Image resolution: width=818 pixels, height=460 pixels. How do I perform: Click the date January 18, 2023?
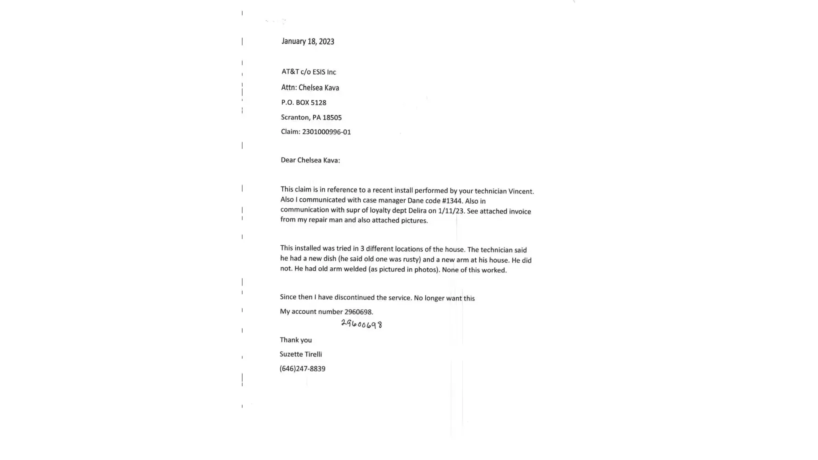308,41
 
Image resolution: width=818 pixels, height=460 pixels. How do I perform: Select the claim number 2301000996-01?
326,132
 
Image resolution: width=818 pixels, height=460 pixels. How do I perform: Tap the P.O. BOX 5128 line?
304,103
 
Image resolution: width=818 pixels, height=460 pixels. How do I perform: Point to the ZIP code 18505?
332,118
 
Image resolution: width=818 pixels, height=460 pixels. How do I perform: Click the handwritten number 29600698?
362,324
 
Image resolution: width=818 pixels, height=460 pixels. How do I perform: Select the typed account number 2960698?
358,312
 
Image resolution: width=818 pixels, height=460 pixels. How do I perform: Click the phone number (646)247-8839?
302,369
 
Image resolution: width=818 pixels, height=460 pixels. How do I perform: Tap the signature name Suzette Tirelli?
300,354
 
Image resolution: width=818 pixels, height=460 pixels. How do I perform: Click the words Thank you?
296,340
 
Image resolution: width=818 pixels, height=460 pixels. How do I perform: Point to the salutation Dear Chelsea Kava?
310,160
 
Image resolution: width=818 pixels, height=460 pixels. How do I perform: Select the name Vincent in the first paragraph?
521,191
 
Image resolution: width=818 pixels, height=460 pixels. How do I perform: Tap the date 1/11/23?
451,211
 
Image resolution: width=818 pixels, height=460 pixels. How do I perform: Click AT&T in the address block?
290,72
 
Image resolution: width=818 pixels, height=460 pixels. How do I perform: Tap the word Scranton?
295,118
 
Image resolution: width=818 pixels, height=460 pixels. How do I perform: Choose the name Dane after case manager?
415,201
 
